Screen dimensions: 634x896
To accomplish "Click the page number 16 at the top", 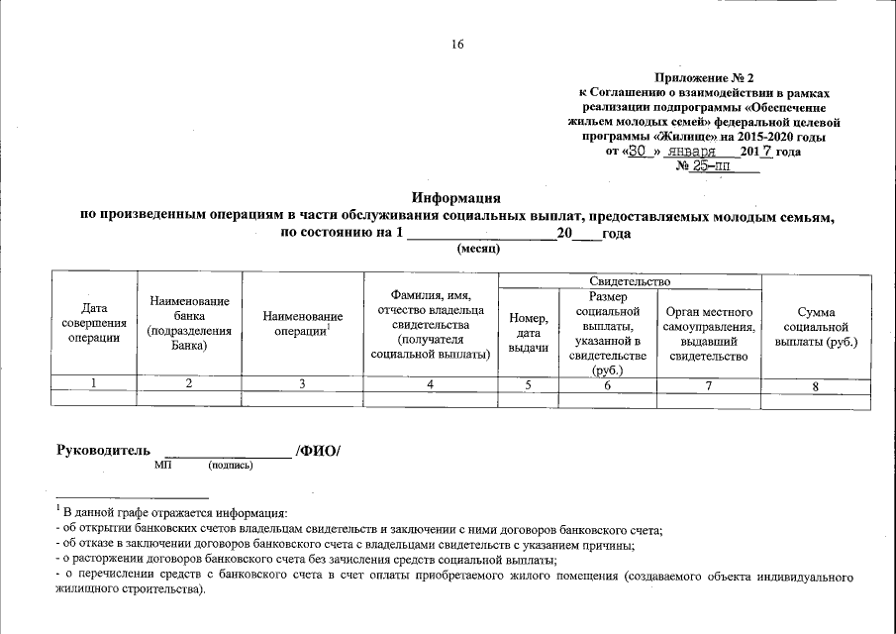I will [x=457, y=44].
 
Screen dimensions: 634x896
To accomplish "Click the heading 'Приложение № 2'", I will [x=704, y=77].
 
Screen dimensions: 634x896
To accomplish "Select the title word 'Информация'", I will [x=456, y=199].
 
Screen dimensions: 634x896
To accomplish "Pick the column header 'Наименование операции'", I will [x=303, y=323].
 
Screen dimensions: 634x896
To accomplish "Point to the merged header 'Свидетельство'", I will [x=630, y=283].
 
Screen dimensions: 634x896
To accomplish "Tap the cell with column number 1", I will [x=94, y=384].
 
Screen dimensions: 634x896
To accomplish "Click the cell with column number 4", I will [x=429, y=384].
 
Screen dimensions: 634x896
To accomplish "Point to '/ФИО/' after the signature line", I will [x=318, y=451].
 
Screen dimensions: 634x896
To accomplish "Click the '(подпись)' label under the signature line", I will [x=231, y=465].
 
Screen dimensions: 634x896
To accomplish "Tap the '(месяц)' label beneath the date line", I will [x=478, y=249].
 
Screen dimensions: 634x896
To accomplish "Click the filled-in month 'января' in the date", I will [x=691, y=152].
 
